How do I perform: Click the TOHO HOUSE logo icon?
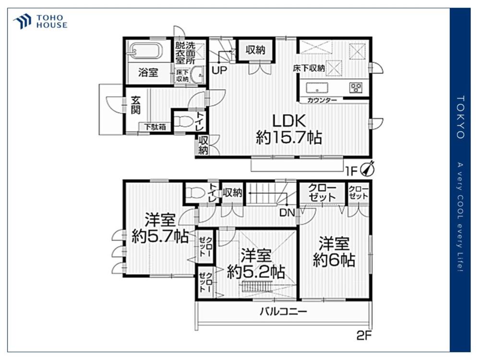(x=22, y=22)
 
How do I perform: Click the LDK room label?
(x=289, y=121)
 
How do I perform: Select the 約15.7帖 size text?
(x=289, y=137)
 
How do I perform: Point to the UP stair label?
(x=219, y=71)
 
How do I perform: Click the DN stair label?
(x=287, y=213)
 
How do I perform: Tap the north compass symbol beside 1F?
(x=368, y=168)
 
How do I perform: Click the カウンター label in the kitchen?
(x=322, y=100)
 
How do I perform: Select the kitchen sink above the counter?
(x=317, y=87)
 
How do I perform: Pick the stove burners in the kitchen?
(x=356, y=87)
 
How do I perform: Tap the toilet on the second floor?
(x=195, y=193)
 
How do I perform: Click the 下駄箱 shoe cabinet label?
(x=155, y=126)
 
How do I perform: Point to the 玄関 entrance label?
(x=136, y=105)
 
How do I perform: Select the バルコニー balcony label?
(x=283, y=312)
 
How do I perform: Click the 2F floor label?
(x=364, y=336)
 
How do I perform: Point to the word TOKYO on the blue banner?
(x=461, y=117)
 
